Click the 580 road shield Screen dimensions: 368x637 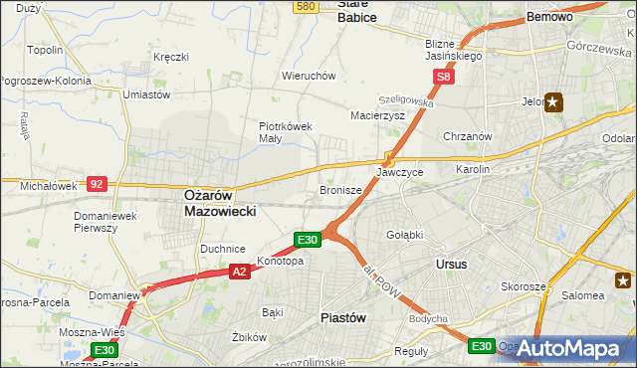(x=306, y=6)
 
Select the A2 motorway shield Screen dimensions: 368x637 (x=239, y=271)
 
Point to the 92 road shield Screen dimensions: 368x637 (x=97, y=184)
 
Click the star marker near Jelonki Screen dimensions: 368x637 (x=554, y=100)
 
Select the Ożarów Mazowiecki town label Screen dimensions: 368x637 (x=221, y=204)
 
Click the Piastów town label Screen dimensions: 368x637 (x=344, y=317)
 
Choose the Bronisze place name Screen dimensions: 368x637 (x=339, y=189)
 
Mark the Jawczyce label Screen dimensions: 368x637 (x=400, y=172)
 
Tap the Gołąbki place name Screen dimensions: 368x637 (x=404, y=235)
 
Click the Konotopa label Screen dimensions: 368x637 (x=280, y=262)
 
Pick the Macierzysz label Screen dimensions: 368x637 (x=377, y=115)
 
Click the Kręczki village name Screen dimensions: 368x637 (x=171, y=57)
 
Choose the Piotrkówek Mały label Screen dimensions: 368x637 (x=286, y=132)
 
